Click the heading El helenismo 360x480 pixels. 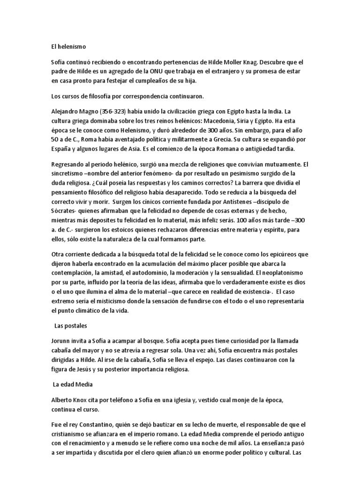(x=69, y=46)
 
